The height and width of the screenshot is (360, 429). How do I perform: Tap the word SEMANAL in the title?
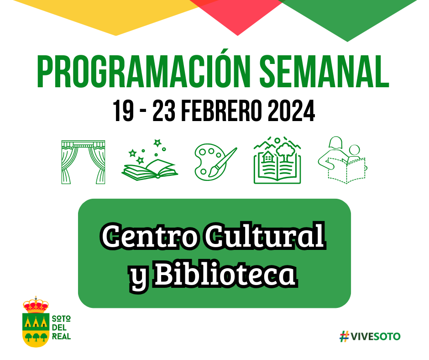coord(324,71)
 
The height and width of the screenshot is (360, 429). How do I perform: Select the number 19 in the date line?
coord(123,111)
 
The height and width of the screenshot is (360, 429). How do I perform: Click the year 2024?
coord(291,111)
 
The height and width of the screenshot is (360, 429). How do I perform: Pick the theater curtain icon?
coord(83,162)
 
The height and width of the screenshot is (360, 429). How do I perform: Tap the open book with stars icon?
coord(150,160)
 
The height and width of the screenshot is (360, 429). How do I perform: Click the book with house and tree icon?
coord(277,160)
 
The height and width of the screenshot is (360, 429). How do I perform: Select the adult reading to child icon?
coord(342,160)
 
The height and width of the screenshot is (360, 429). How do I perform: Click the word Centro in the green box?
coord(149,236)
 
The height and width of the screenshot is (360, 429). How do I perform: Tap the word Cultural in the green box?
coord(265,235)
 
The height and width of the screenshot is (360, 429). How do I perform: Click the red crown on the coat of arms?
coord(36,305)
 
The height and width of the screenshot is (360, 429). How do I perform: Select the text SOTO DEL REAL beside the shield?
coord(61,328)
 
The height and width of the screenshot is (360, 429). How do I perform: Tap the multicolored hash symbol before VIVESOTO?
coord(345,336)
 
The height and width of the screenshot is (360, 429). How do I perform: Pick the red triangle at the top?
coord(237,14)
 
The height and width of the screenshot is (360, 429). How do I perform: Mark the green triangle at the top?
coord(347,16)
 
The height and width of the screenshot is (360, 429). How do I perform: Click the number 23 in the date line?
coord(163,111)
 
